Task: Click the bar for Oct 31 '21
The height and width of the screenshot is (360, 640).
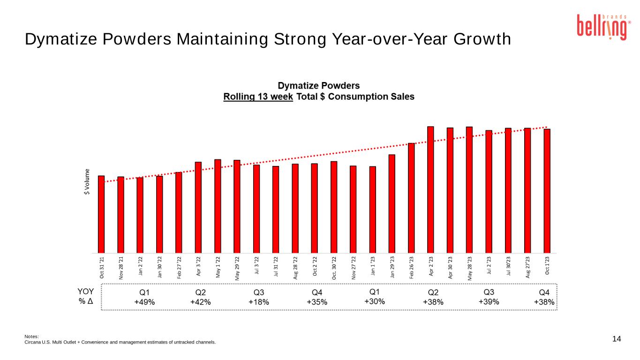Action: pyautogui.click(x=101, y=214)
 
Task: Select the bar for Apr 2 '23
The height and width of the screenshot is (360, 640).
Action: pyautogui.click(x=430, y=190)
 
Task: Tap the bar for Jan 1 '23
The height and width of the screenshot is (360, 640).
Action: pyautogui.click(x=372, y=210)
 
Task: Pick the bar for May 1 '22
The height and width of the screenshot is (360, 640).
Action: pyautogui.click(x=218, y=206)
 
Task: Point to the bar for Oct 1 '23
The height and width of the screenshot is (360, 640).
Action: pyautogui.click(x=547, y=191)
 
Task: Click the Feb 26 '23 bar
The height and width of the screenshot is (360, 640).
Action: pyautogui.click(x=411, y=198)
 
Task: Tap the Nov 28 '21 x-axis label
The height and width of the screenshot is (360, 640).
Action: pyautogui.click(x=121, y=268)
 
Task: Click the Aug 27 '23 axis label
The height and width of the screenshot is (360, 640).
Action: pyautogui.click(x=527, y=267)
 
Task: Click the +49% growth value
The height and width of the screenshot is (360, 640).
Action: pyautogui.click(x=144, y=302)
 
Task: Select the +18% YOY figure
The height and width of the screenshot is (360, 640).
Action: pyautogui.click(x=259, y=302)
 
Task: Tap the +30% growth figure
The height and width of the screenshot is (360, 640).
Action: pyautogui.click(x=375, y=302)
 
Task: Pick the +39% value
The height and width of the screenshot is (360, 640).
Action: pyautogui.click(x=489, y=302)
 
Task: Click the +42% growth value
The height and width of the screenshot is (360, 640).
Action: pyautogui.click(x=201, y=302)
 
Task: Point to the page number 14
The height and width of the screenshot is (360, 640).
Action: pyautogui.click(x=617, y=339)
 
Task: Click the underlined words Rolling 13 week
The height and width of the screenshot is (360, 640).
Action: pyautogui.click(x=258, y=97)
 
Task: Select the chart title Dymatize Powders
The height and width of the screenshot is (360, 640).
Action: pyautogui.click(x=319, y=86)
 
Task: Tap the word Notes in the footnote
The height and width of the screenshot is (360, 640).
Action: pyautogui.click(x=31, y=336)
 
